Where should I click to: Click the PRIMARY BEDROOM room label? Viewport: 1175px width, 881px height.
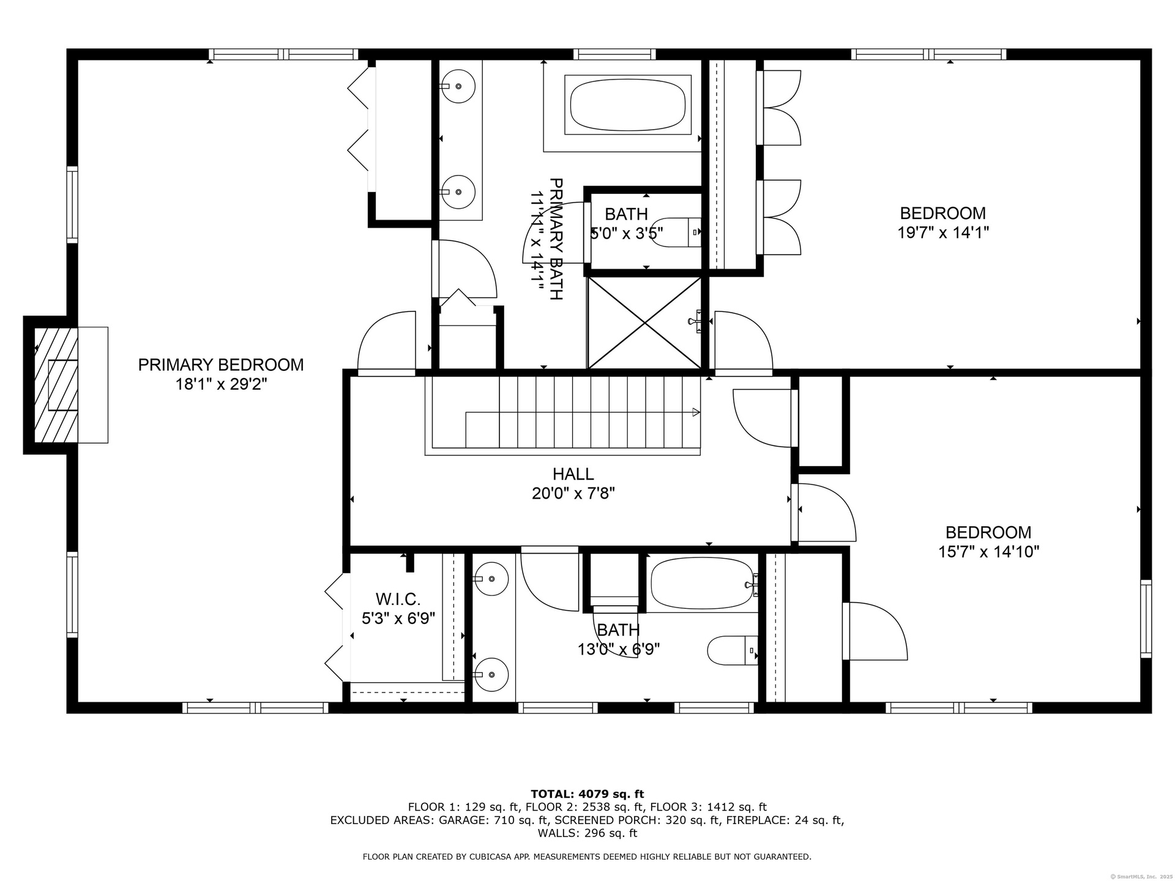[x=221, y=365]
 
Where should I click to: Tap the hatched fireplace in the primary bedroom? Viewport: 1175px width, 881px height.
[x=56, y=385]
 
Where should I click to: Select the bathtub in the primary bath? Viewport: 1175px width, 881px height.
[x=628, y=105]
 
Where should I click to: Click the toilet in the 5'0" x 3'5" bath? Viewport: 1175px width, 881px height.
[x=676, y=232]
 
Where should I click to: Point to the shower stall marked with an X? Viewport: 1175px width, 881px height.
[x=644, y=323]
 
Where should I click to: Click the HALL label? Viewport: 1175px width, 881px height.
[x=573, y=474]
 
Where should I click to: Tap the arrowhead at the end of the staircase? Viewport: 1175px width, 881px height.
[x=696, y=412]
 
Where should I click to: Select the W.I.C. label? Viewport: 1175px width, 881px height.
[x=398, y=599]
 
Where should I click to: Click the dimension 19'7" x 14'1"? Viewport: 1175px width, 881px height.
[x=943, y=233]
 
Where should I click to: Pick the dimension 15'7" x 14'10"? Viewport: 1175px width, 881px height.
[x=988, y=552]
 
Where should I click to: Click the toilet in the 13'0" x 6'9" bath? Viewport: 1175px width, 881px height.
[x=733, y=650]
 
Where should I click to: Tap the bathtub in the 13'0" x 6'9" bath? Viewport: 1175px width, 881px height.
[x=703, y=584]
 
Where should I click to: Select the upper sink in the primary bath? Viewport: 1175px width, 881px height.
[x=458, y=86]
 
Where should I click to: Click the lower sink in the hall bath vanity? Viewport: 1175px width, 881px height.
[x=491, y=674]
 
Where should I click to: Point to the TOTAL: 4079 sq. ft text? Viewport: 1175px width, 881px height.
[x=587, y=795]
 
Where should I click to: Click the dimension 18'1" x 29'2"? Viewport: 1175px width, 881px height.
[x=221, y=384]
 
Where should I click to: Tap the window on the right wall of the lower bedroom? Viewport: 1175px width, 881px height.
[x=1146, y=619]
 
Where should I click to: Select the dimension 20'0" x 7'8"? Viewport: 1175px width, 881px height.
[x=573, y=493]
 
